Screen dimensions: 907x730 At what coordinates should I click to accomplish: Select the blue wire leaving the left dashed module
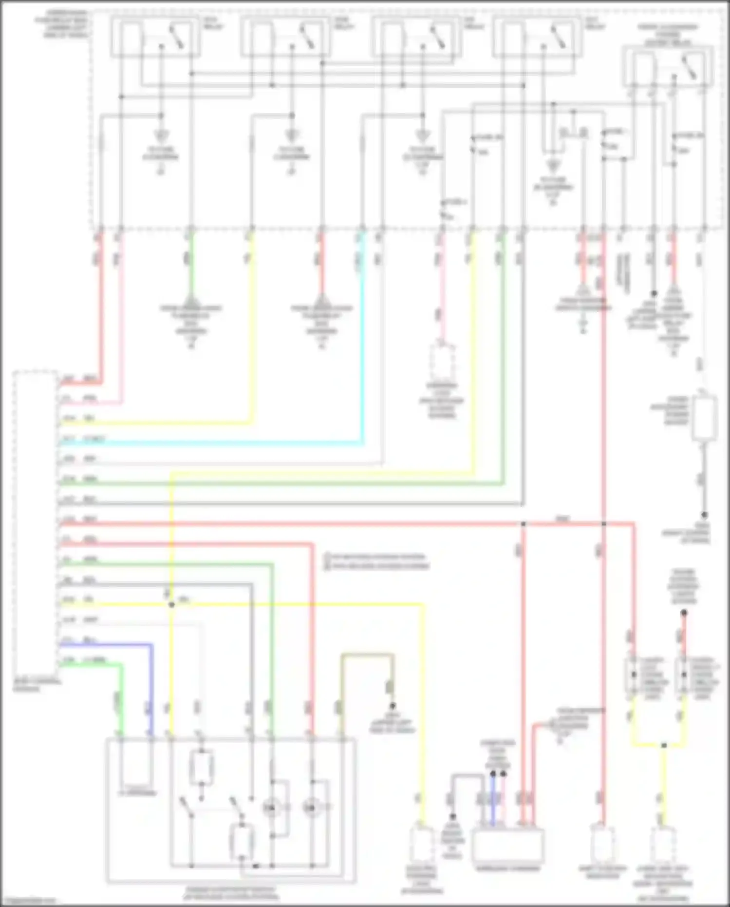tap(107, 644)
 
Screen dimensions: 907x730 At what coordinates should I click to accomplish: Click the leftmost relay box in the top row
tap(155, 37)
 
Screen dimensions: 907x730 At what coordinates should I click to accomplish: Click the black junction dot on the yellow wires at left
tap(171, 605)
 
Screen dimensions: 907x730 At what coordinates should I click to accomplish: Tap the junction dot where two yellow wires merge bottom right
tap(664, 746)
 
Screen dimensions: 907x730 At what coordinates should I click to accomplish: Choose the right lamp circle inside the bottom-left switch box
tap(310, 808)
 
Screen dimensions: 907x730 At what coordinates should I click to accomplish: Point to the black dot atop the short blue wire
tap(493, 773)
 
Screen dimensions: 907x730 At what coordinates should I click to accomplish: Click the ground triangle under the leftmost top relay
tap(161, 135)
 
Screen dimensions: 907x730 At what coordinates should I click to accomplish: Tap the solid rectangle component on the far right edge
tap(704, 418)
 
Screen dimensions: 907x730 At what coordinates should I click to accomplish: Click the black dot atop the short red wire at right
tap(684, 613)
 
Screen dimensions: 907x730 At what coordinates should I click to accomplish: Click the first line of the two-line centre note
tap(375, 557)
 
